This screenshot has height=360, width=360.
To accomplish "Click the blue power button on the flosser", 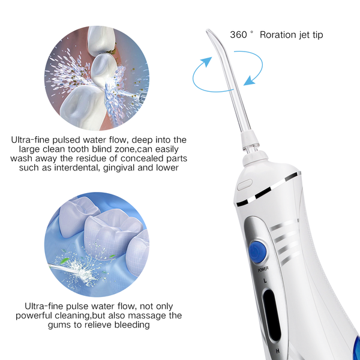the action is point(257,251).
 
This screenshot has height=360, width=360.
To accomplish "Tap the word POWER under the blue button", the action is point(263,269).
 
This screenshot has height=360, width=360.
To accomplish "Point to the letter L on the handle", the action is point(265,281).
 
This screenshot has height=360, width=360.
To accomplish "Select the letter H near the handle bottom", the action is point(278,351).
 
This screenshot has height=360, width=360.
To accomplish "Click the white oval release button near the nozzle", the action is point(245,185).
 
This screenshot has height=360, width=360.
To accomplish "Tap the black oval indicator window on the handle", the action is point(272,316).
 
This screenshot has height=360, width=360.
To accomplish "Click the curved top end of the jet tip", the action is point(208,31).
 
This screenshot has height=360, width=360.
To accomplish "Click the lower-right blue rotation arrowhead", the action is point(250,80).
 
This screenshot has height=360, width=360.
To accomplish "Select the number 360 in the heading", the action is point(238,35).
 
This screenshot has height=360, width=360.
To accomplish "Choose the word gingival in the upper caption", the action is point(119,168).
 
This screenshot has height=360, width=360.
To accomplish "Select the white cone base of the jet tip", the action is point(250,139).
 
